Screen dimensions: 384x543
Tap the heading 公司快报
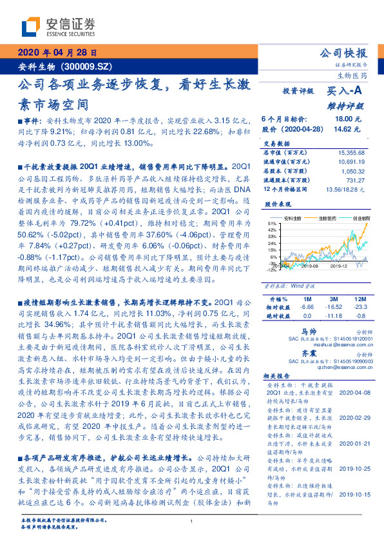click(x=343, y=54)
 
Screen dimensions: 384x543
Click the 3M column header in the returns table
click(x=333, y=300)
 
